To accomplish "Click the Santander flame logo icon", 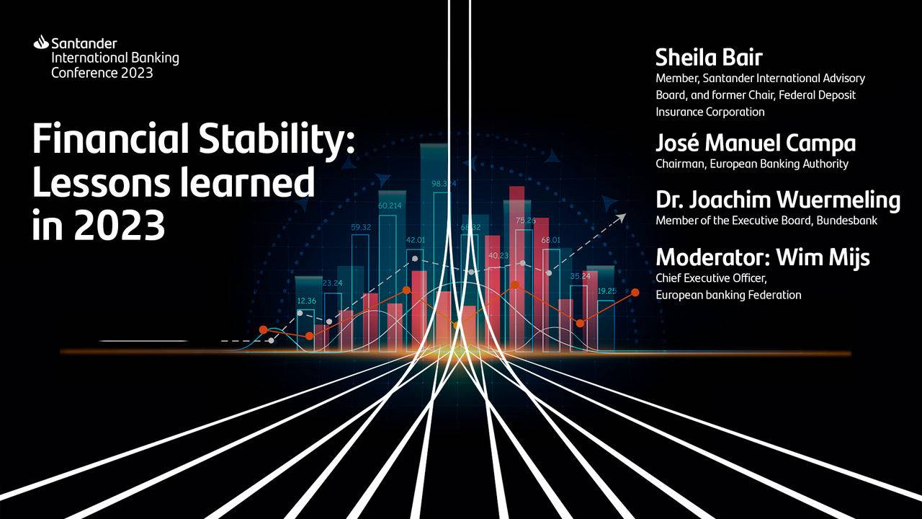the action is [x=41, y=43].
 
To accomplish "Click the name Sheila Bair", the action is [x=709, y=58].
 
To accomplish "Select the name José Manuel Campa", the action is [x=756, y=143].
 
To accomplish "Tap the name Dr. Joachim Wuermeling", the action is [x=778, y=200].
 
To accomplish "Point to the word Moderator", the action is [x=712, y=257].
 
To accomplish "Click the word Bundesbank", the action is [x=846, y=221].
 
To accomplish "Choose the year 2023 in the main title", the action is [x=120, y=226].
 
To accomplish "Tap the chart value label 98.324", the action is [x=443, y=184].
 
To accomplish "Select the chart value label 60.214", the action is [x=390, y=205].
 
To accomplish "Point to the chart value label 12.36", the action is [x=307, y=301].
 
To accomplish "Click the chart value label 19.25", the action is [x=607, y=291].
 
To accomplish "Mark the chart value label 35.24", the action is [x=581, y=276].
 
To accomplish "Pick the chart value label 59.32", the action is [x=361, y=227].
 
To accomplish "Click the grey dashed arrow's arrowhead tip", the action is [x=626, y=214].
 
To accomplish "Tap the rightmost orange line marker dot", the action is [x=635, y=293].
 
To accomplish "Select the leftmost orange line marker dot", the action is [x=264, y=329].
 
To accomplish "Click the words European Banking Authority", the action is [x=779, y=164].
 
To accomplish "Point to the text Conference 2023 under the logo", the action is [x=102, y=73].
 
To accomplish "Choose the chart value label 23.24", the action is [x=333, y=283].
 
